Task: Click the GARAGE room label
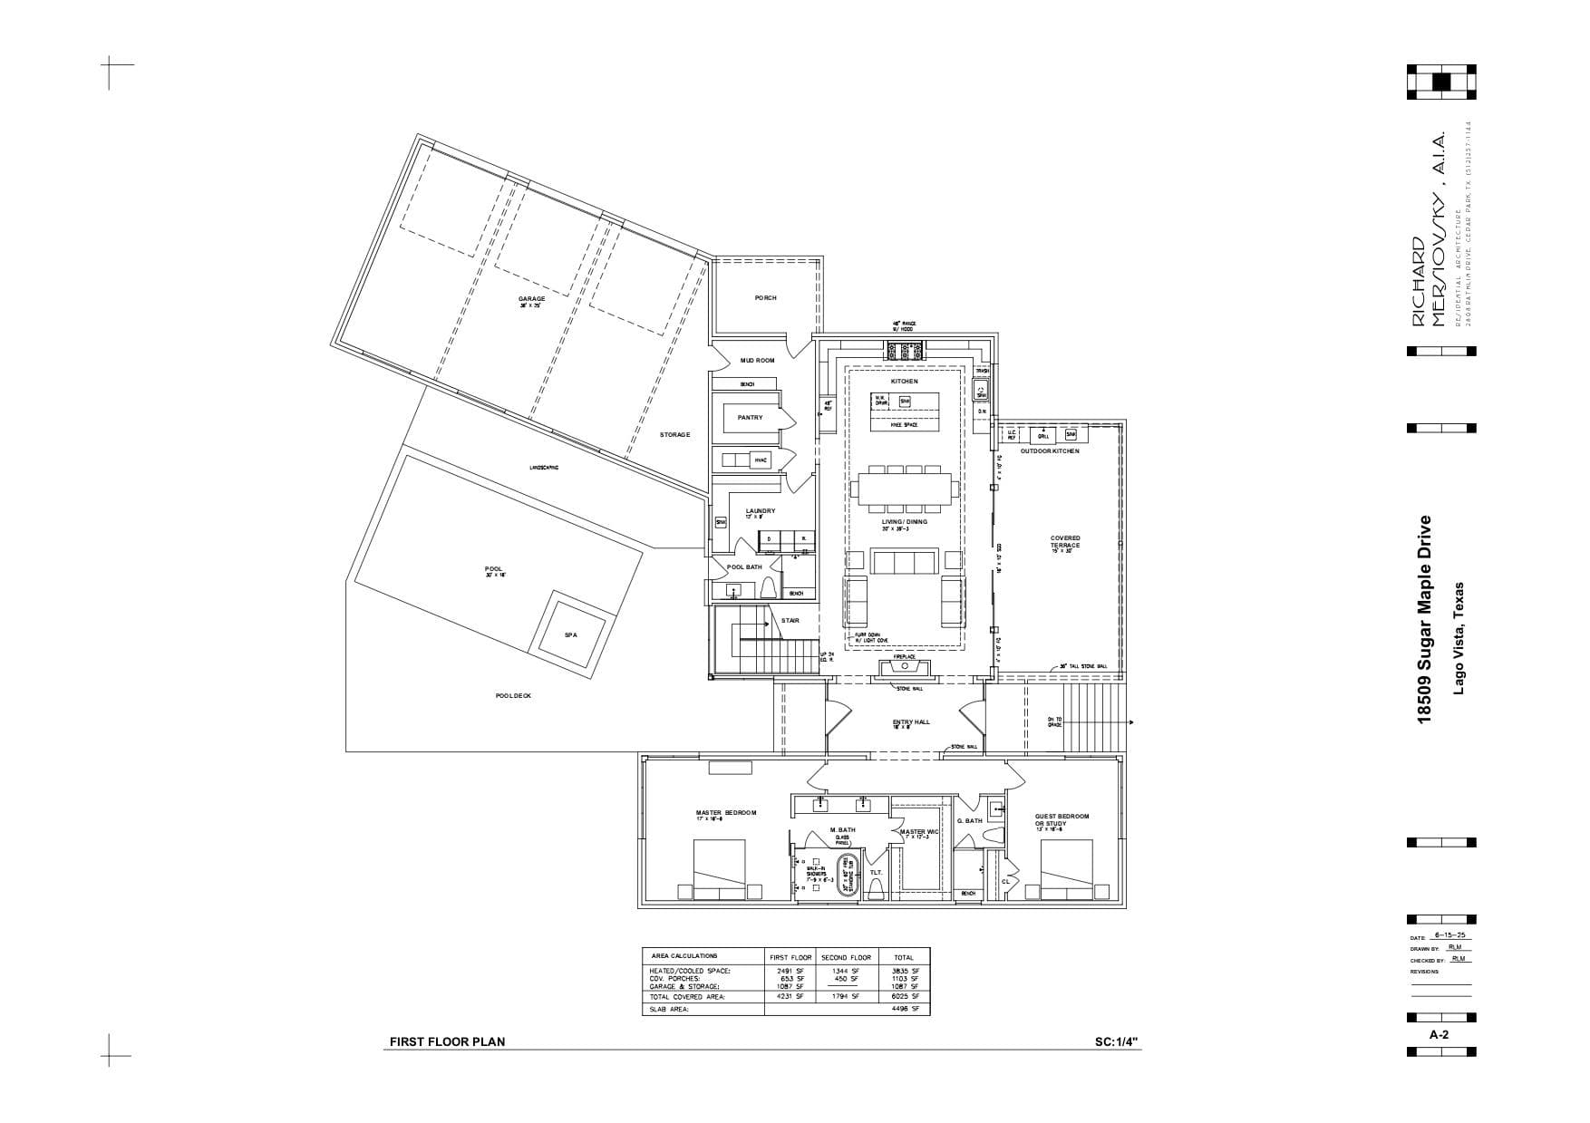[x=531, y=299]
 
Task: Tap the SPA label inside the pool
[x=570, y=635]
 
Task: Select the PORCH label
[x=765, y=298]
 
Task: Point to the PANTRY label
[x=750, y=418]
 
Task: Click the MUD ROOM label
[x=757, y=361]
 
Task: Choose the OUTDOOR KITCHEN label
[x=1050, y=451]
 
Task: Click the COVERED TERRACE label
[x=1065, y=541]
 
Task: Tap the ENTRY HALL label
[x=911, y=722]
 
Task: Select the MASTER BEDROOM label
[x=725, y=813]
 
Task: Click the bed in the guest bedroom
[x=1064, y=868]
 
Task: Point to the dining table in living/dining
[x=904, y=489]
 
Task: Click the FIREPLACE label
[x=904, y=656]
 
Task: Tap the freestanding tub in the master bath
[x=849, y=876]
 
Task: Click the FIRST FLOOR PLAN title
[x=447, y=1042]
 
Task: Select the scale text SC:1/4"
[x=1118, y=1042]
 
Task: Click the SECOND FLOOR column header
[x=846, y=957]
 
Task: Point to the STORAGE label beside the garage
[x=674, y=435]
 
